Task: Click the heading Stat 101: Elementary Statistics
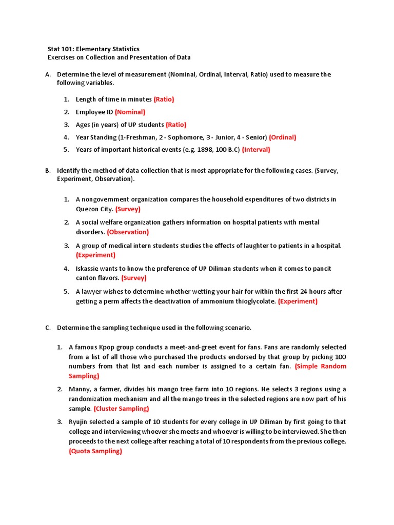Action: click(x=93, y=49)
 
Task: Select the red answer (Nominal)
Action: click(x=130, y=112)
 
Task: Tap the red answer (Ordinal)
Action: click(x=282, y=137)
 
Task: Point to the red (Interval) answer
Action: click(x=256, y=150)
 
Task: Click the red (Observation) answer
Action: click(x=128, y=232)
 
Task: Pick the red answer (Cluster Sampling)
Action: click(x=121, y=409)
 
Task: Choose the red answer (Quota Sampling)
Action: click(x=95, y=451)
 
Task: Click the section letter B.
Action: click(x=48, y=170)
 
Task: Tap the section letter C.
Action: click(x=48, y=328)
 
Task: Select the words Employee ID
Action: click(x=94, y=112)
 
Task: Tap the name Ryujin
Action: click(x=80, y=422)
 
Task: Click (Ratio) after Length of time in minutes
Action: click(x=164, y=99)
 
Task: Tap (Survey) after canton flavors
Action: click(x=134, y=278)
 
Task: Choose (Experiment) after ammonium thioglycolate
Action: click(x=298, y=301)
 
